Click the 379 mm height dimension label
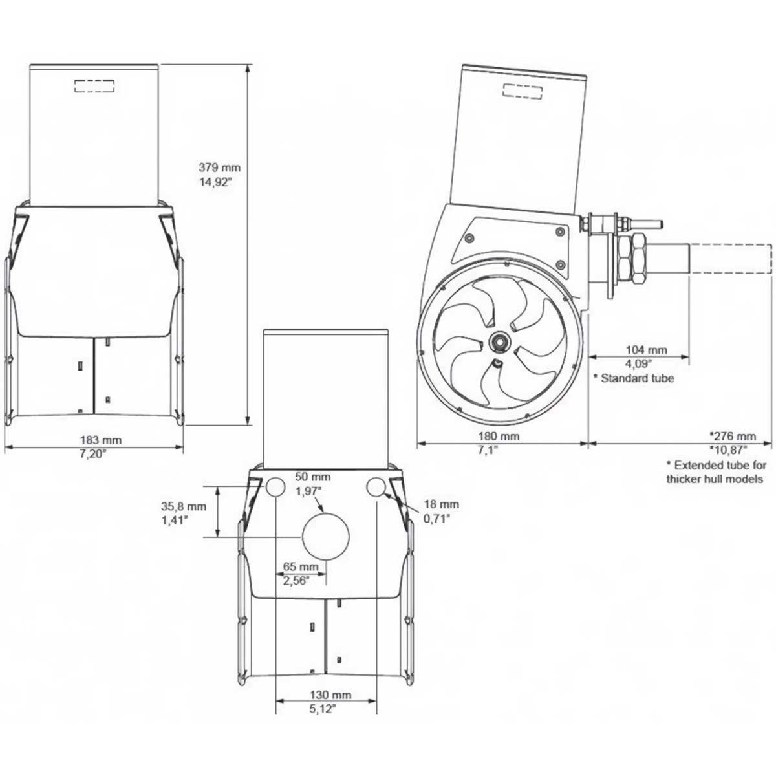point(219,167)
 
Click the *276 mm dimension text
point(733,436)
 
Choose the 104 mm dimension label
point(637,350)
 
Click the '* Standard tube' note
point(634,378)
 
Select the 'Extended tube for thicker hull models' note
point(716,472)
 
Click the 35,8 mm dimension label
point(184,506)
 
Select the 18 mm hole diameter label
point(441,504)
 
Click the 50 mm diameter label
point(312,477)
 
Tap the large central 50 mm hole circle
point(326,537)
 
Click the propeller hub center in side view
point(499,341)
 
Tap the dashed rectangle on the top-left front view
point(94,85)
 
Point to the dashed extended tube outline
point(731,259)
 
